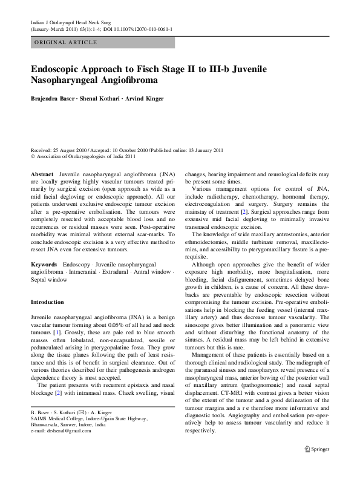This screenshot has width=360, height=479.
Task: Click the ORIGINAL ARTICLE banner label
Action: (x=65, y=42)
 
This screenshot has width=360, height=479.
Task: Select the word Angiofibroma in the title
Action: (x=125, y=81)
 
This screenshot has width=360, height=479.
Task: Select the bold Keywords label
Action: (x=44, y=265)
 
